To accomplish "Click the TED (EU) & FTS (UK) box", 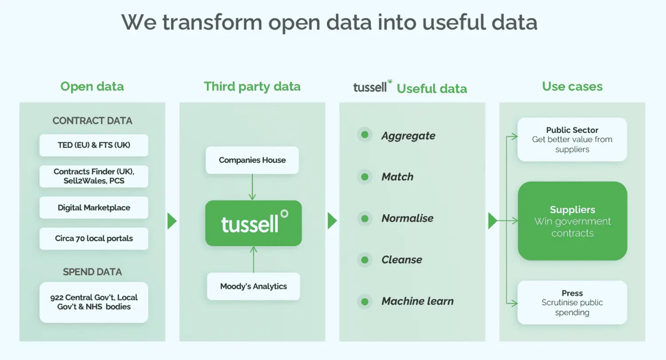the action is click(94, 145).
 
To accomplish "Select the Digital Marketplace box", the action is click(94, 207).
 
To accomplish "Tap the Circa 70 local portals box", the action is click(94, 238).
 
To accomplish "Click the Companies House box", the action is click(252, 160).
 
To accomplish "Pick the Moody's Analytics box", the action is click(254, 286).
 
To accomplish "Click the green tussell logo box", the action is click(254, 223).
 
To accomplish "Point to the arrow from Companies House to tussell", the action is click(252, 187).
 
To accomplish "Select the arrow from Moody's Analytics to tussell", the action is click(254, 259).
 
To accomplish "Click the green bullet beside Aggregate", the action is click(365, 135).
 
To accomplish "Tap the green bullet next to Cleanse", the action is click(365, 260).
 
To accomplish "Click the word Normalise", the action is click(407, 218).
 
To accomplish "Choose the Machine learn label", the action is click(418, 301).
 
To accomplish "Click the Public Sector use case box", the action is click(572, 139).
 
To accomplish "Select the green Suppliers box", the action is click(572, 221).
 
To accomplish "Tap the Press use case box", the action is click(572, 303).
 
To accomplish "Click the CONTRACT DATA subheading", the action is click(92, 121).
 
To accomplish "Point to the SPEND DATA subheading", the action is click(92, 272).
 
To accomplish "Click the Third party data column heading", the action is click(252, 87).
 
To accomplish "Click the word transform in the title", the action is click(212, 22).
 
